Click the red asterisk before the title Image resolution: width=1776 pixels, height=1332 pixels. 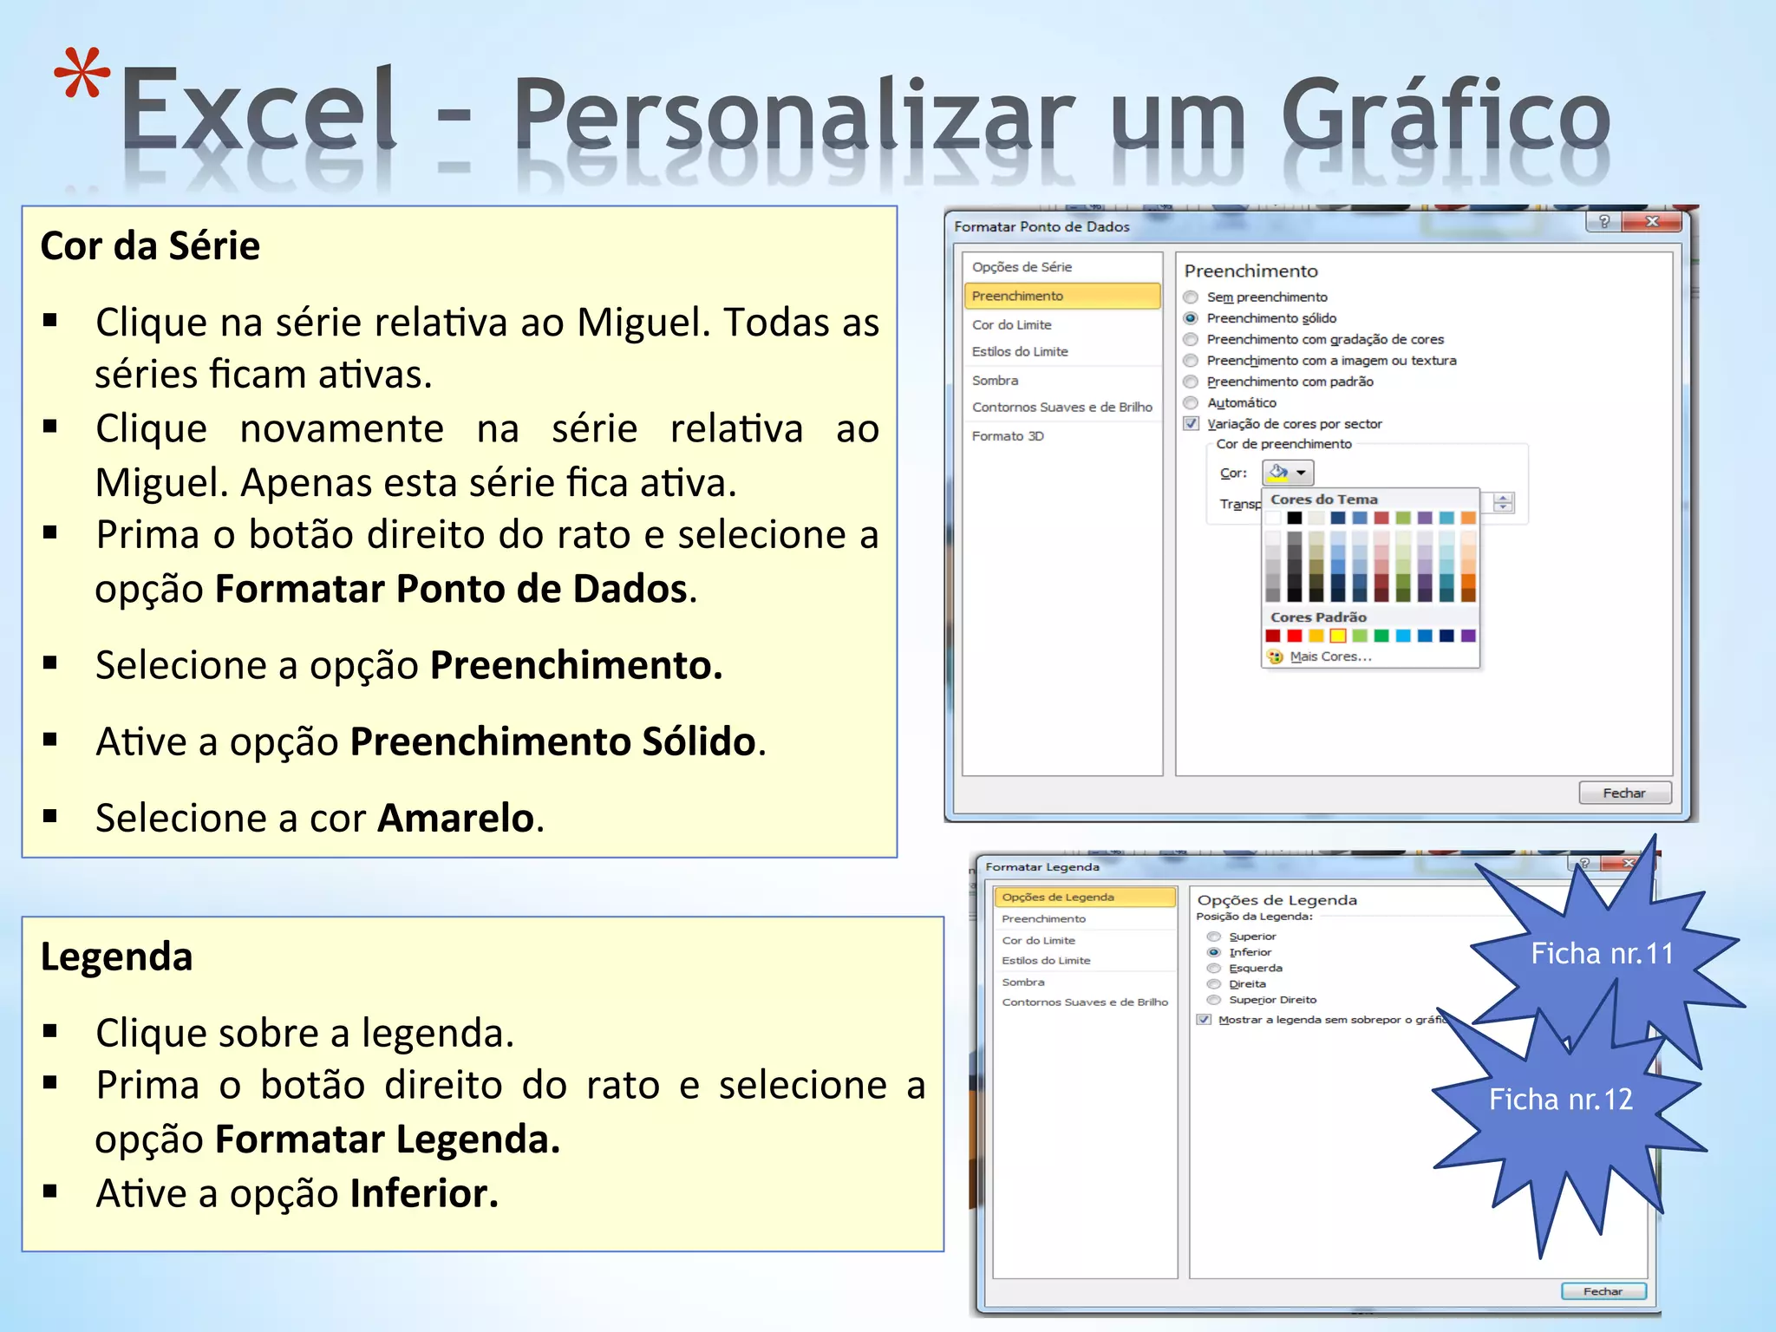click(82, 75)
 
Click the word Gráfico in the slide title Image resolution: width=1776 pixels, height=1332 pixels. click(1445, 115)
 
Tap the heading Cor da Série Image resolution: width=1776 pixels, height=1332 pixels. click(150, 246)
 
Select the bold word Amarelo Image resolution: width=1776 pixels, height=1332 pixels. click(455, 818)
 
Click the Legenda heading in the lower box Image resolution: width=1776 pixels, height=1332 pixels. click(116, 957)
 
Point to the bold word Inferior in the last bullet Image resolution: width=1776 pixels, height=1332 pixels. click(423, 1194)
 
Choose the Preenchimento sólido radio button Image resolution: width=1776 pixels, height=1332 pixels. click(1191, 318)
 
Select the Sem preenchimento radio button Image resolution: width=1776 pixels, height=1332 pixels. click(1191, 297)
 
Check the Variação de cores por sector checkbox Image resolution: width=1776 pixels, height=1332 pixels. click(1192, 424)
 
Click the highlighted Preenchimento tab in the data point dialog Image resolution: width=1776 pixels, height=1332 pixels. click(1061, 296)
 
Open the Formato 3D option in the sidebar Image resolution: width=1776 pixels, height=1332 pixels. click(1008, 436)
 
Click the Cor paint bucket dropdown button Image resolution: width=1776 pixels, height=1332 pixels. click(1288, 473)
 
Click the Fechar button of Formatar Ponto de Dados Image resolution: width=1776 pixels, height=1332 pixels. click(1623, 793)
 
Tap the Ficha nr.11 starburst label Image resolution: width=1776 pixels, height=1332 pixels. click(1602, 954)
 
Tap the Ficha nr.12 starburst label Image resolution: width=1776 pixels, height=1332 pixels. click(1560, 1100)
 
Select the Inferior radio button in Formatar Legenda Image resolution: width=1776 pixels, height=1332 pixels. click(1214, 952)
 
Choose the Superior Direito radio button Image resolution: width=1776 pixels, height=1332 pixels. click(1214, 1000)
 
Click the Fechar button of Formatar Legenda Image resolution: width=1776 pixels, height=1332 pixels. click(1603, 1291)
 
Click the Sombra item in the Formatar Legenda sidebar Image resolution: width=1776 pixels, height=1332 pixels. click(1023, 983)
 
